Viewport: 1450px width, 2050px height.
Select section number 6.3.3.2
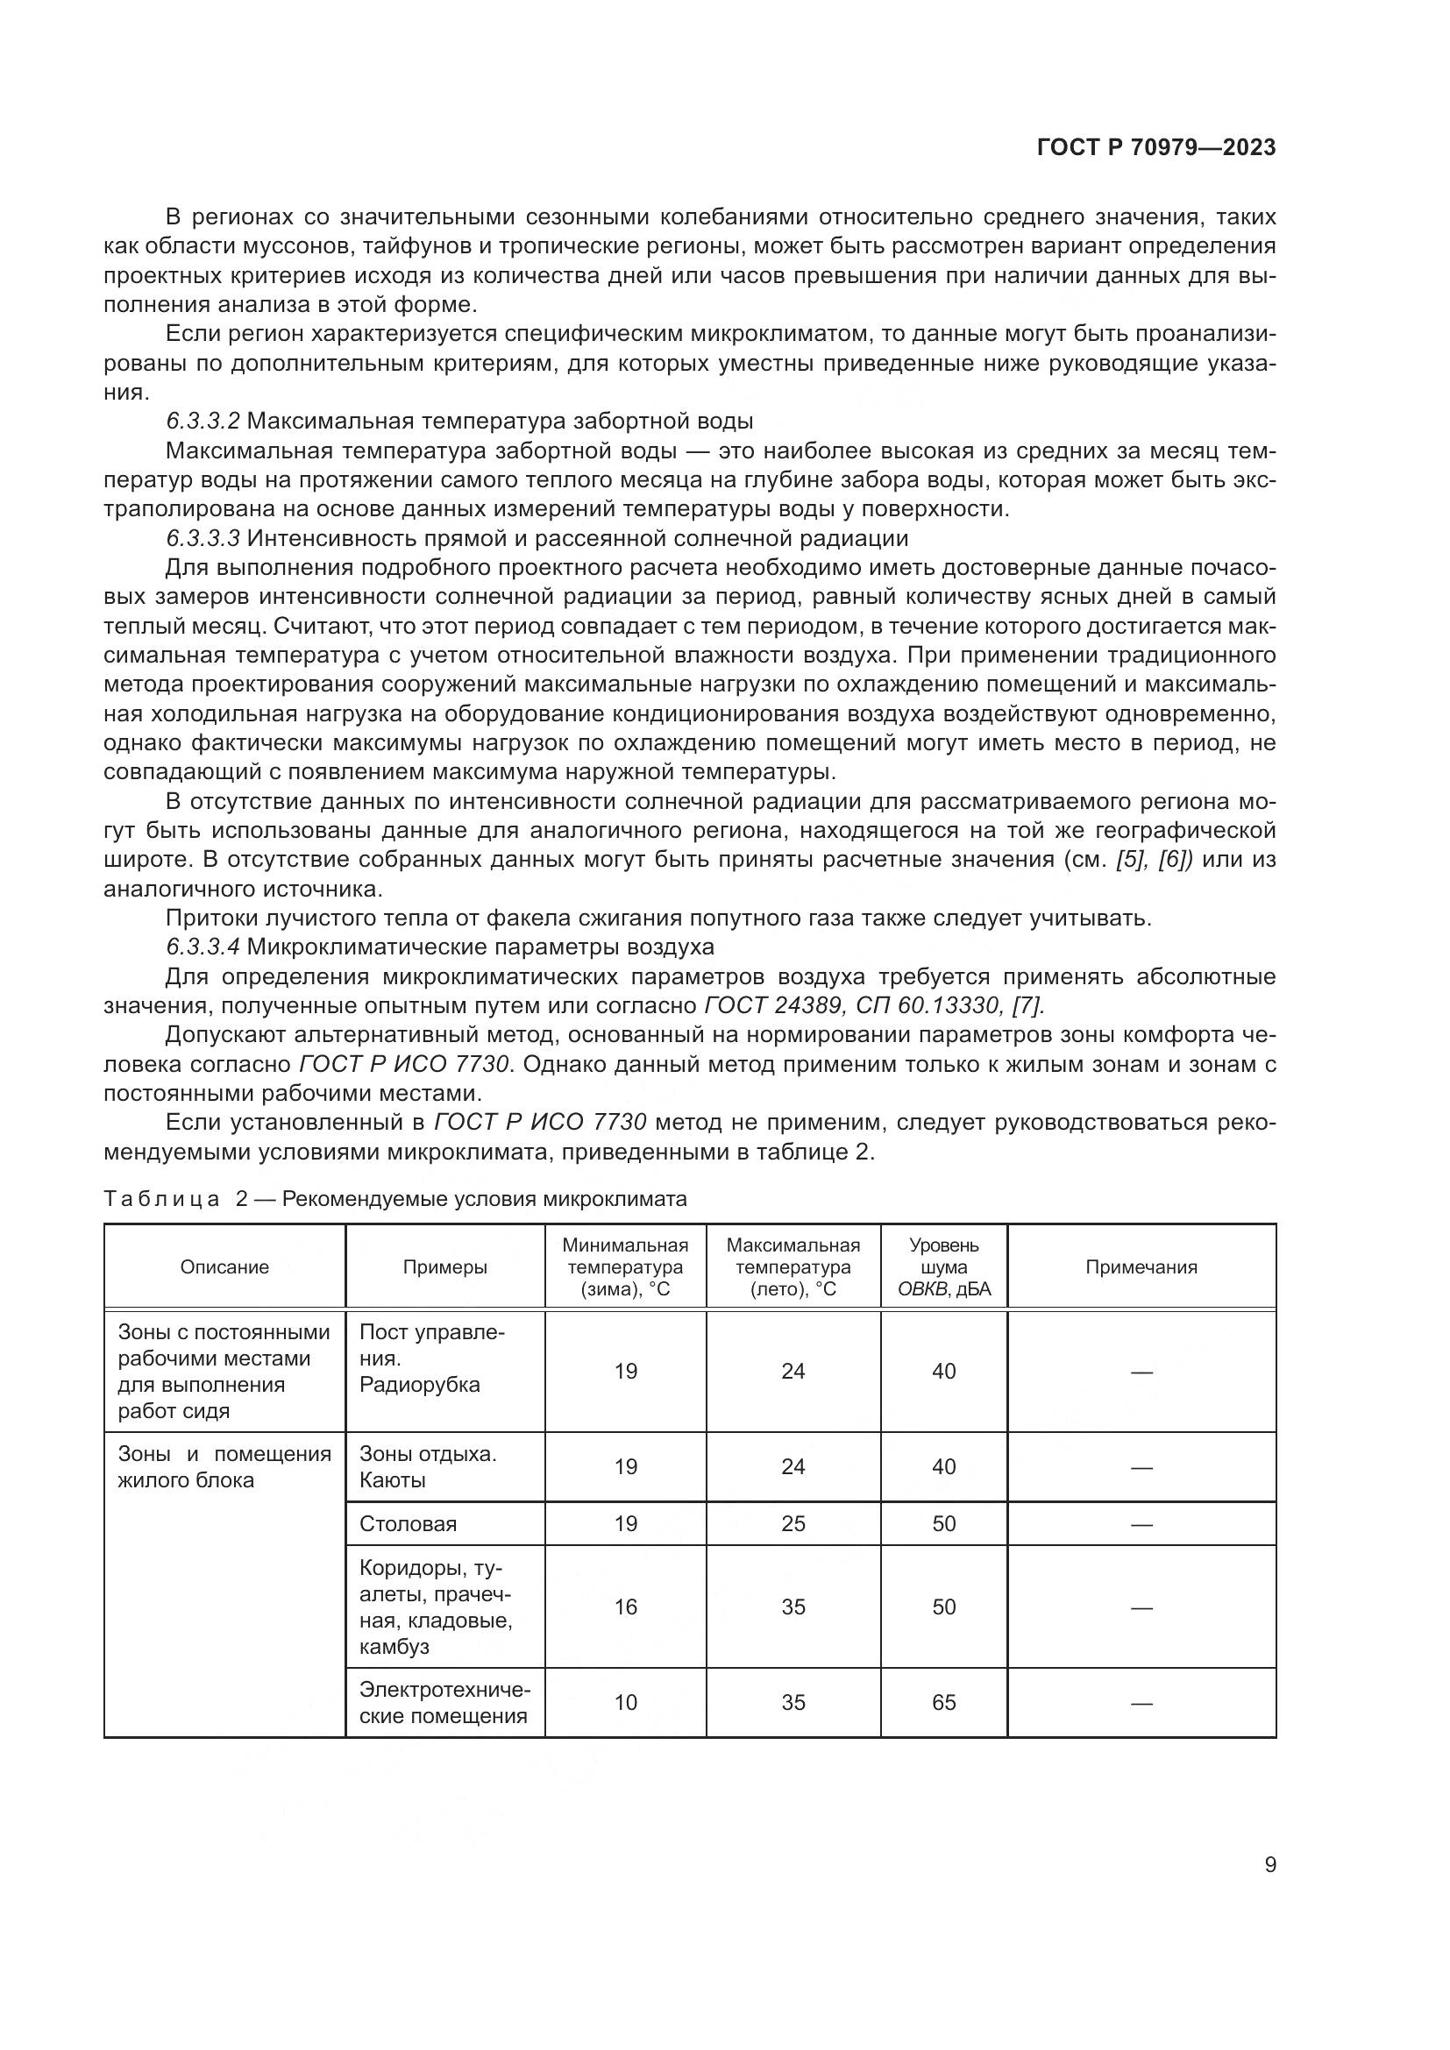pyautogui.click(x=203, y=421)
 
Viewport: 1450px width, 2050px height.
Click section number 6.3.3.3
pyautogui.click(x=203, y=538)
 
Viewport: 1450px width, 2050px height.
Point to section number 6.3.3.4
pyautogui.click(x=203, y=947)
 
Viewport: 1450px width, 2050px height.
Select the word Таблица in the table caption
pyautogui.click(x=161, y=1199)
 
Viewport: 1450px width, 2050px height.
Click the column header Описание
pyautogui.click(x=224, y=1267)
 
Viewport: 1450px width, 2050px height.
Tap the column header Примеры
pyautogui.click(x=444, y=1267)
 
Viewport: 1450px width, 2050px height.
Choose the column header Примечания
pyautogui.click(x=1141, y=1267)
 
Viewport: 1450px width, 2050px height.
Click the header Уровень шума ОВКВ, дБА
pyautogui.click(x=944, y=1267)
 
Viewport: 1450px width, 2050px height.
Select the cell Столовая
pyautogui.click(x=408, y=1524)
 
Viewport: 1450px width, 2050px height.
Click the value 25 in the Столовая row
pyautogui.click(x=793, y=1524)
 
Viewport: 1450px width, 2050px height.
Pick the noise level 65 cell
pyautogui.click(x=944, y=1703)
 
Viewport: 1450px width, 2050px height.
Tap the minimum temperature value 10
pyautogui.click(x=625, y=1703)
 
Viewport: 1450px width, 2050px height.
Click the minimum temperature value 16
pyautogui.click(x=625, y=1607)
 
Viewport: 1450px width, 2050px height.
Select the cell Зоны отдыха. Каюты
pyautogui.click(x=428, y=1467)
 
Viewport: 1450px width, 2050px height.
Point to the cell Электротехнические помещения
pyautogui.click(x=444, y=1703)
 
